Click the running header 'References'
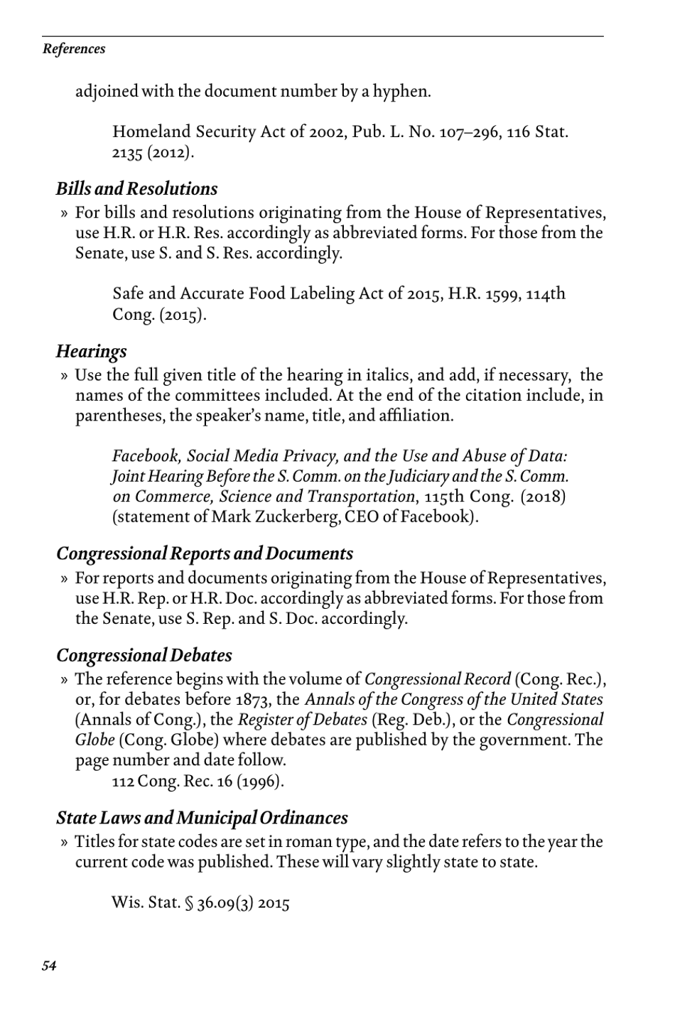tap(74, 49)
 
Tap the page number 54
tap(49, 965)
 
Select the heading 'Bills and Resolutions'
tap(136, 189)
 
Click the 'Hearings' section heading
tap(91, 351)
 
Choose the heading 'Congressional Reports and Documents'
tap(205, 553)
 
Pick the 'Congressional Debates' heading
tap(144, 655)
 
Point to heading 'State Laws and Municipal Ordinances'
tap(202, 818)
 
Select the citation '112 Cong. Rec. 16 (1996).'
tap(198, 782)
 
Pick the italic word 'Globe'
tap(95, 740)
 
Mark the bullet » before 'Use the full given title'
tap(65, 375)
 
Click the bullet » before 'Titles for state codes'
tap(65, 842)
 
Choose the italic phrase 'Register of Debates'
tap(302, 720)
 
